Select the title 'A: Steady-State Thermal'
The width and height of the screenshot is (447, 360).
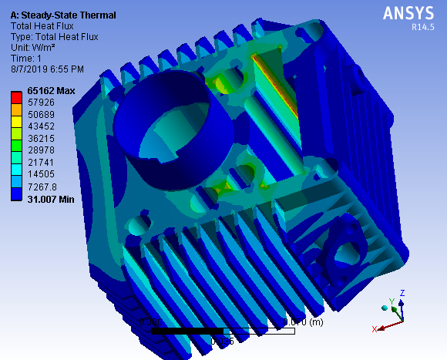pos(62,15)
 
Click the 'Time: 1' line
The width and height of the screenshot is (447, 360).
pos(26,58)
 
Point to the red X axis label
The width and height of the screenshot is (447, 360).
pos(375,329)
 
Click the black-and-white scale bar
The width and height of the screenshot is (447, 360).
pos(223,331)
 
